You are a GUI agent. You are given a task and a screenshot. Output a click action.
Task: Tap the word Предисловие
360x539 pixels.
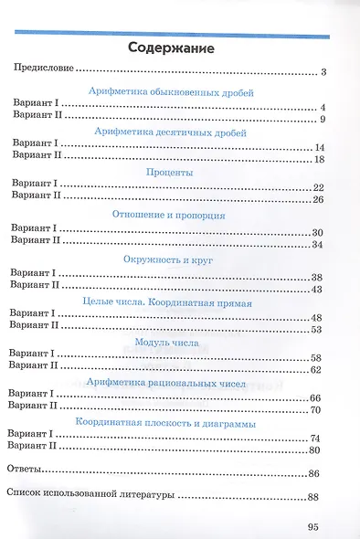(41, 69)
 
